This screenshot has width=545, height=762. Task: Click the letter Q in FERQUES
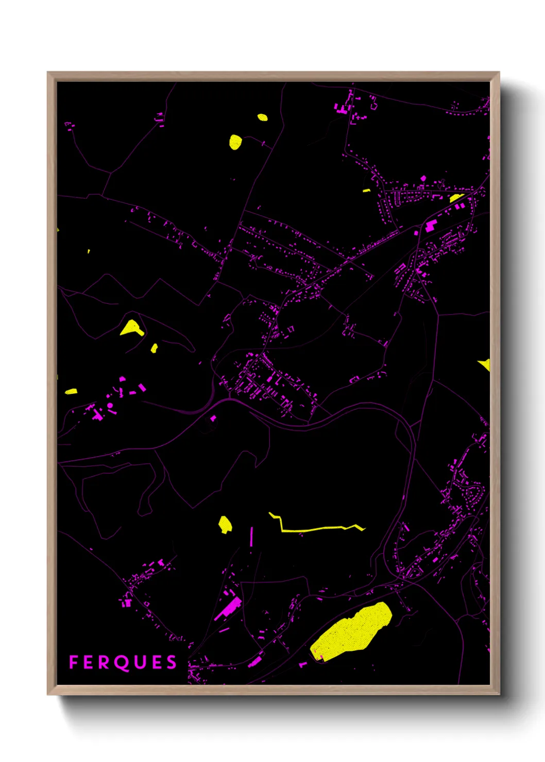tap(121, 663)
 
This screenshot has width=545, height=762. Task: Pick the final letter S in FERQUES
tap(172, 662)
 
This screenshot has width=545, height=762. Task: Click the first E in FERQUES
tap(89, 662)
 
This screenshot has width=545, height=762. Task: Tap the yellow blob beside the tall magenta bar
tap(225, 525)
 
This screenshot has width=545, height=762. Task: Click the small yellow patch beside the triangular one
tap(154, 349)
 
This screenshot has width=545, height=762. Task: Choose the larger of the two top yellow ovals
tap(235, 142)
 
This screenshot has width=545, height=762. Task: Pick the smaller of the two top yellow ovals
tap(262, 117)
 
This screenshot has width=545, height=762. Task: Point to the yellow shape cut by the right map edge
tap(485, 365)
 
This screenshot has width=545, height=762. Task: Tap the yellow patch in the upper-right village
tap(456, 198)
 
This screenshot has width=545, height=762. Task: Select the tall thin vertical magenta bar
tap(252, 536)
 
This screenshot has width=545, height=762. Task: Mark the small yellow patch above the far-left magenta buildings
tap(71, 392)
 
